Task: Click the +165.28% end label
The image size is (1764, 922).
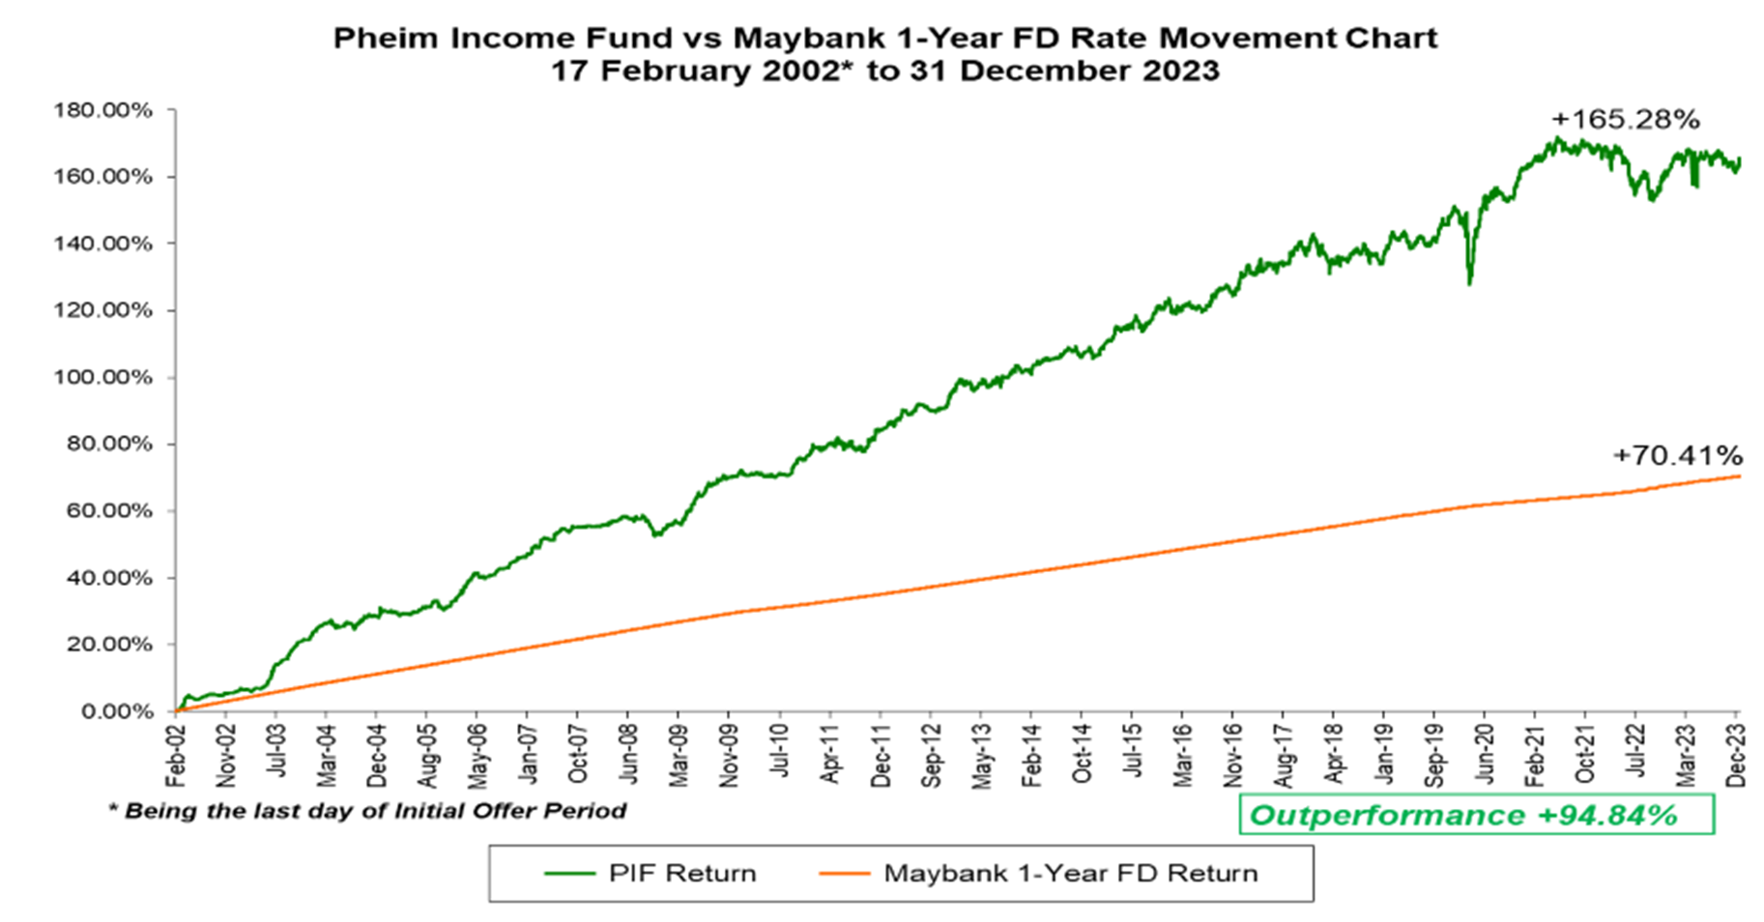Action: coord(1625,120)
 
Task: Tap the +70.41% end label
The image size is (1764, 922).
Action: coord(1677,455)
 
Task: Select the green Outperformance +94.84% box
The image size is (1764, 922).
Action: coord(1476,815)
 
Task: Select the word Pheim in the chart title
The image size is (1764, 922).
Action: coord(379,38)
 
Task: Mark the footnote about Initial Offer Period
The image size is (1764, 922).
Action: coord(367,811)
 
